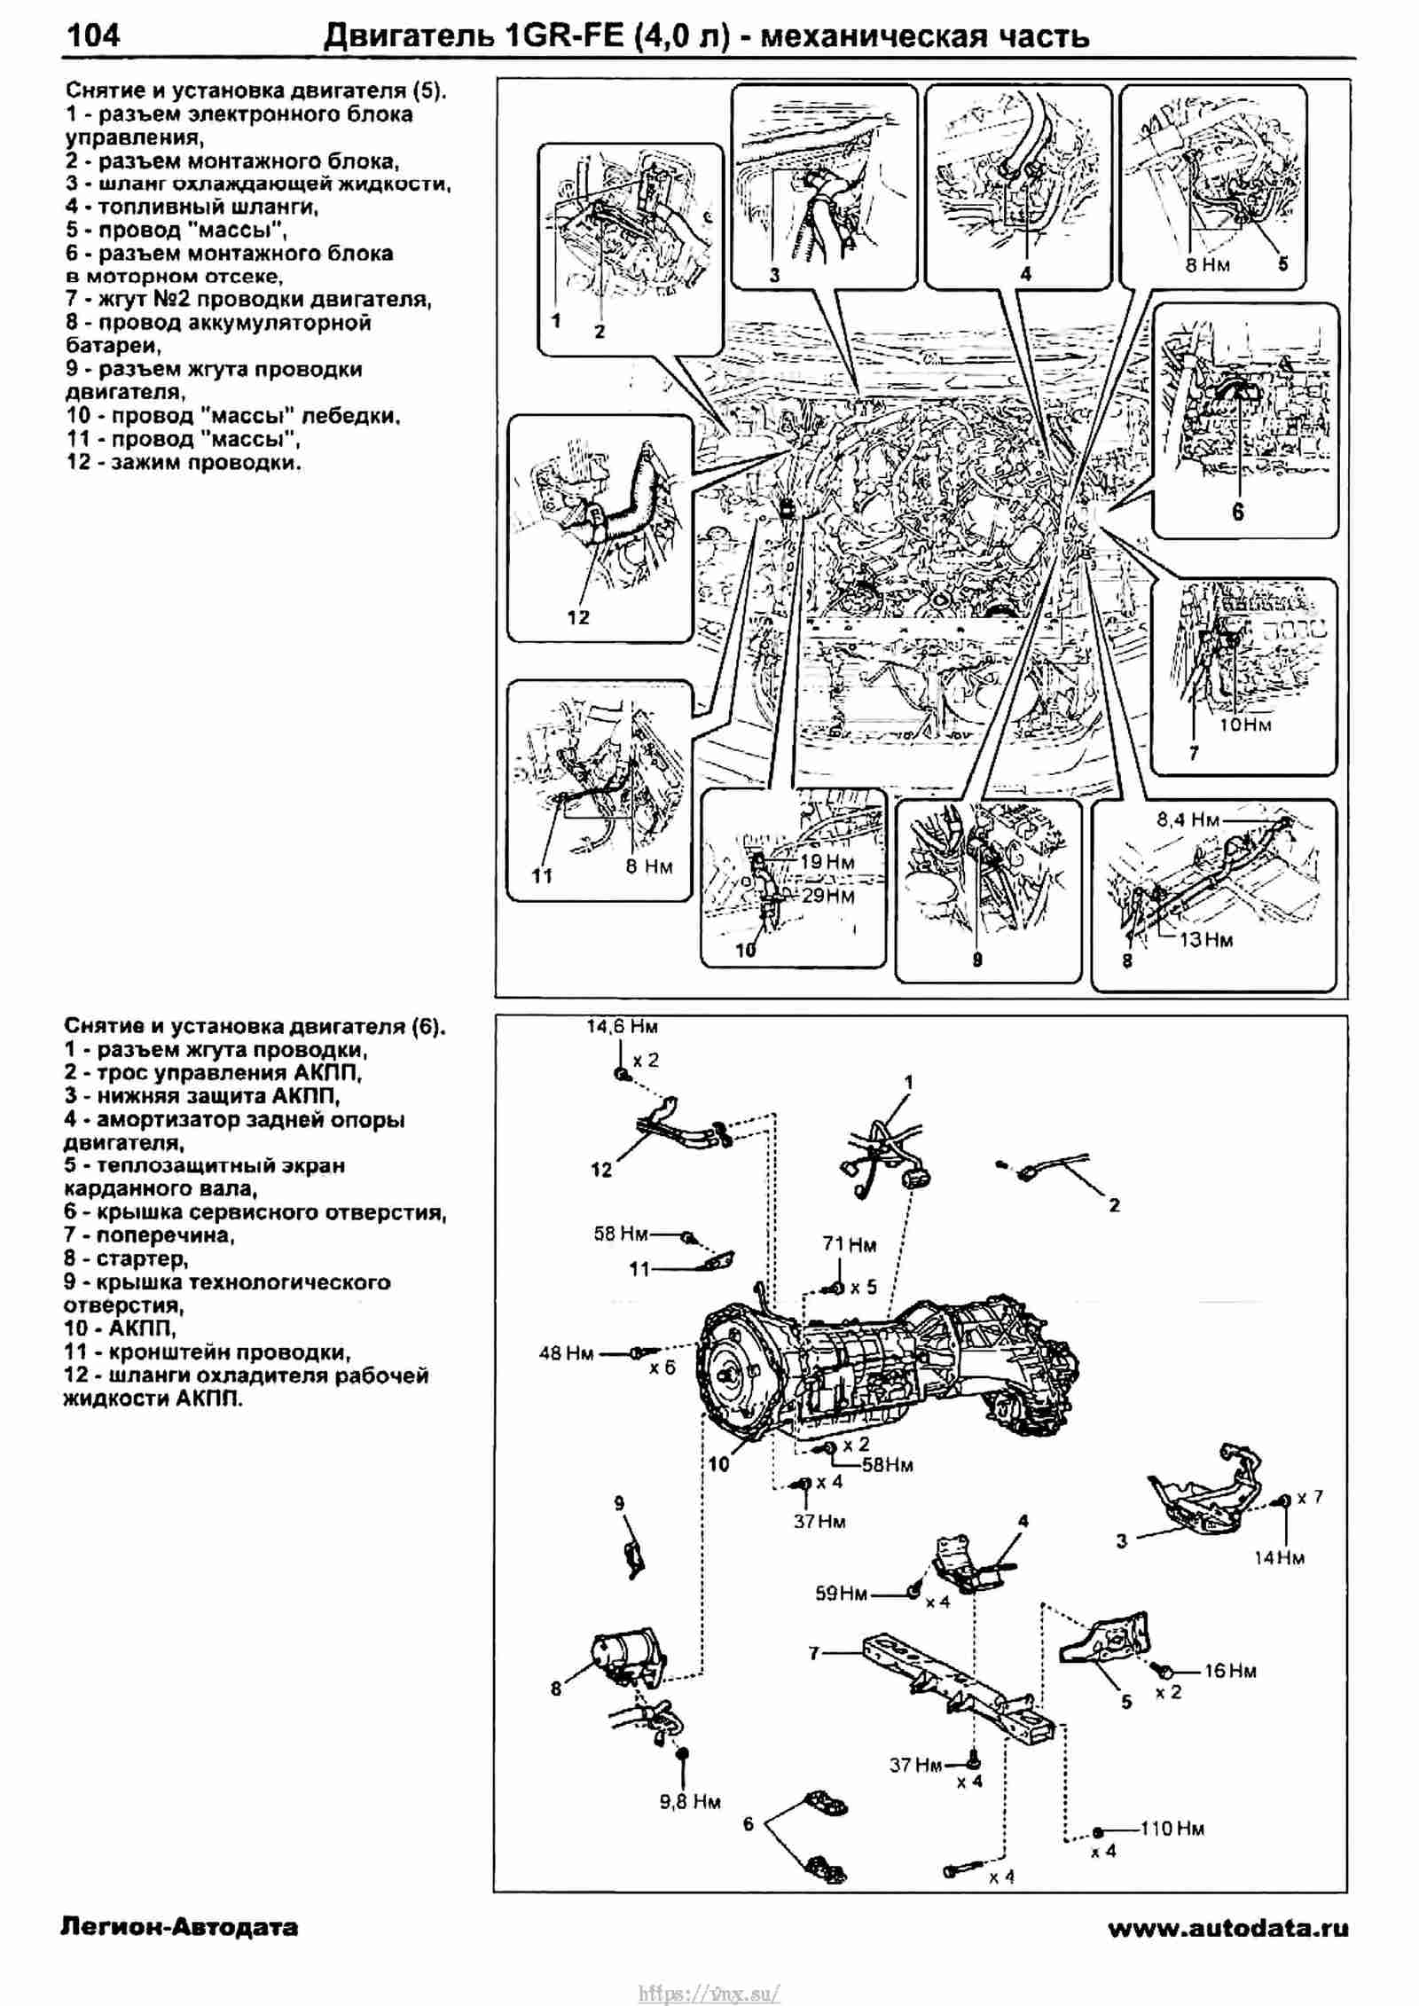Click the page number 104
pyautogui.click(x=94, y=35)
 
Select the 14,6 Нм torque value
pyautogui.click(x=622, y=1027)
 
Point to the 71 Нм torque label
pyautogui.click(x=849, y=1245)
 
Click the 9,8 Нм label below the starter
pyautogui.click(x=690, y=1802)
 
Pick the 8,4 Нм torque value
pyautogui.click(x=1188, y=820)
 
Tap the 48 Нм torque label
pyautogui.click(x=566, y=1354)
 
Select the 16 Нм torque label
pyautogui.click(x=1230, y=1671)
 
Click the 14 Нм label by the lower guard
pyautogui.click(x=1279, y=1558)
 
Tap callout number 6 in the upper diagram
pyautogui.click(x=1237, y=512)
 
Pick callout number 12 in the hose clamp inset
pyautogui.click(x=578, y=617)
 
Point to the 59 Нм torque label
pyautogui.click(x=841, y=1595)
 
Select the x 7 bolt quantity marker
pyautogui.click(x=1310, y=1497)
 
